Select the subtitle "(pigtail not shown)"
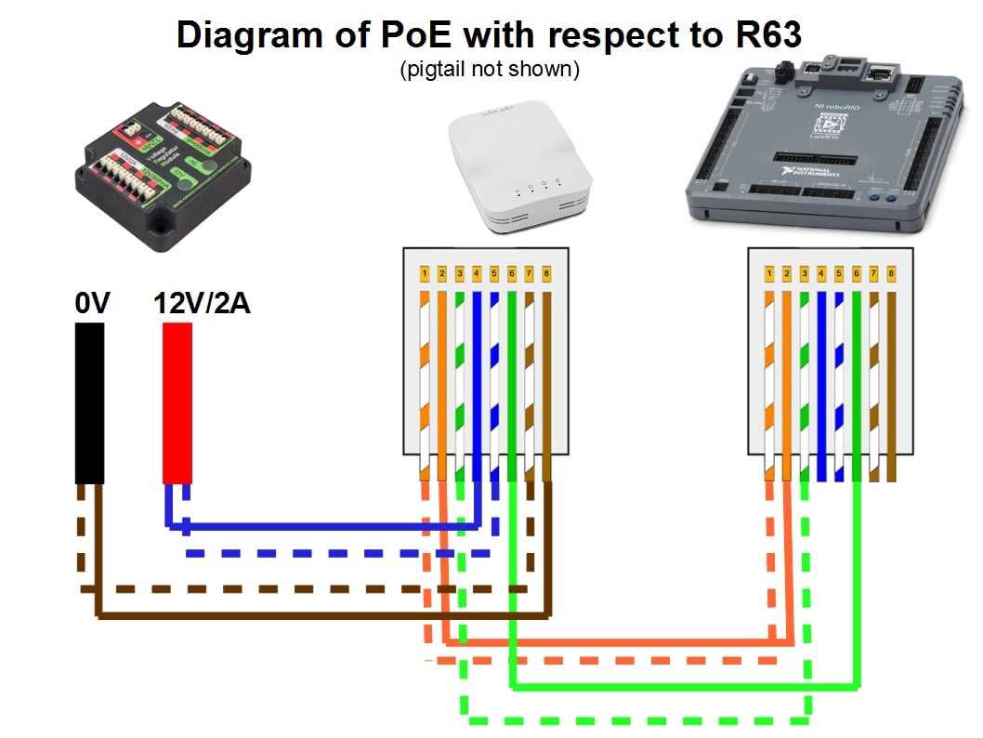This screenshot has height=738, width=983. [x=490, y=70]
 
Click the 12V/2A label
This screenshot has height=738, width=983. [x=202, y=304]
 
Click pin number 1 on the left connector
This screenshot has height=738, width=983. [x=425, y=274]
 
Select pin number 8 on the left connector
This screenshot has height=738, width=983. [x=546, y=274]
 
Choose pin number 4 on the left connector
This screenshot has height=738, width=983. [x=477, y=274]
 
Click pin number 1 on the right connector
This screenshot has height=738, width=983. [x=770, y=274]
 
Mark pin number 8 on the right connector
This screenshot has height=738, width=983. [x=891, y=274]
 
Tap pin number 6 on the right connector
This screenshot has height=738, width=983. [x=857, y=274]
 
